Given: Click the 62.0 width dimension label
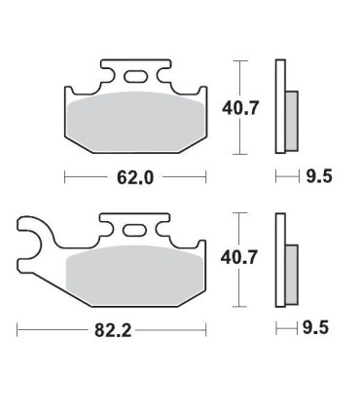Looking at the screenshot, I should (x=135, y=177).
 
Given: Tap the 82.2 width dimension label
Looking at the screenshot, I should (x=113, y=330).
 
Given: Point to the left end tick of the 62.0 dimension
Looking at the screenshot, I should (x=64, y=177).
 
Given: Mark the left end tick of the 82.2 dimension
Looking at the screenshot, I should (x=18, y=330).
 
